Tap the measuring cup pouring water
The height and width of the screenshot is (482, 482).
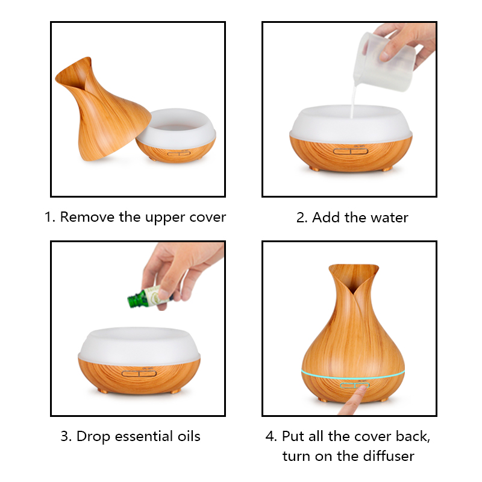coord(385,61)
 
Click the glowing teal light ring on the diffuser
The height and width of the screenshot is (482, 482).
coord(353,376)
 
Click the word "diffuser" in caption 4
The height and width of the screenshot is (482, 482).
coord(389,456)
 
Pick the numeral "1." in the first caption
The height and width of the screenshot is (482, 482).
coord(50,217)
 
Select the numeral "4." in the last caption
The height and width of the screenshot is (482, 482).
coord(272,436)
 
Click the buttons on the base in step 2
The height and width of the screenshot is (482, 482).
coord(351,151)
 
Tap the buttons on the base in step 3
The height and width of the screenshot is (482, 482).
coord(139,374)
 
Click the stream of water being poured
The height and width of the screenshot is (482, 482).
coord(354,101)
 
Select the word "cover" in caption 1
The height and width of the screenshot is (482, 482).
coord(208,218)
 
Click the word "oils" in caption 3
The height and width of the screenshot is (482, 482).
coord(189,436)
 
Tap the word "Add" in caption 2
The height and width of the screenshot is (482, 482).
coord(326,218)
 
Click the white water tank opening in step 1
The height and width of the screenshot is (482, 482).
coord(176,126)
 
